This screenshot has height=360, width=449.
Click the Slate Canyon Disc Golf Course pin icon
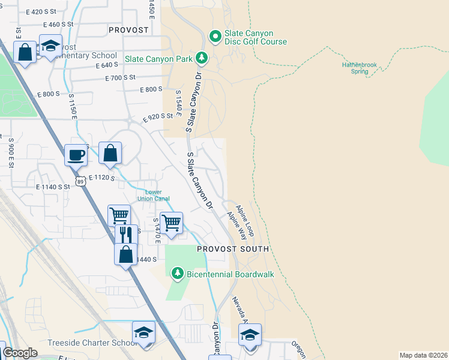[x=215, y=37]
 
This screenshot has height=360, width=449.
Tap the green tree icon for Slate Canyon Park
[x=202, y=58]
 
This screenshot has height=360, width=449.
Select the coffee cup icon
[x=76, y=155]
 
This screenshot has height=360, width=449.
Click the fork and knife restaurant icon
[x=126, y=235]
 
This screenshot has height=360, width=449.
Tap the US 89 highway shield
[x=80, y=180]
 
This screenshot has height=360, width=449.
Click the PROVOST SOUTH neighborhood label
[x=233, y=248]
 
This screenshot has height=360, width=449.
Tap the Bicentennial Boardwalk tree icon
[x=177, y=274]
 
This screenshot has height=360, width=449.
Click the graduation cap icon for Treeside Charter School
[x=143, y=332]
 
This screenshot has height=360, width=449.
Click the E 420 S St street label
[x=42, y=12]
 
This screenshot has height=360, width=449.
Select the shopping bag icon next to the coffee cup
[x=110, y=153]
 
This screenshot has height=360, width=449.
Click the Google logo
[x=20, y=353]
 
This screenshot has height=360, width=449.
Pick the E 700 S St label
[x=121, y=78]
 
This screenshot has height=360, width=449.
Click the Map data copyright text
[x=423, y=355]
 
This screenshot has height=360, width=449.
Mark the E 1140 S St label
[x=53, y=187]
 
